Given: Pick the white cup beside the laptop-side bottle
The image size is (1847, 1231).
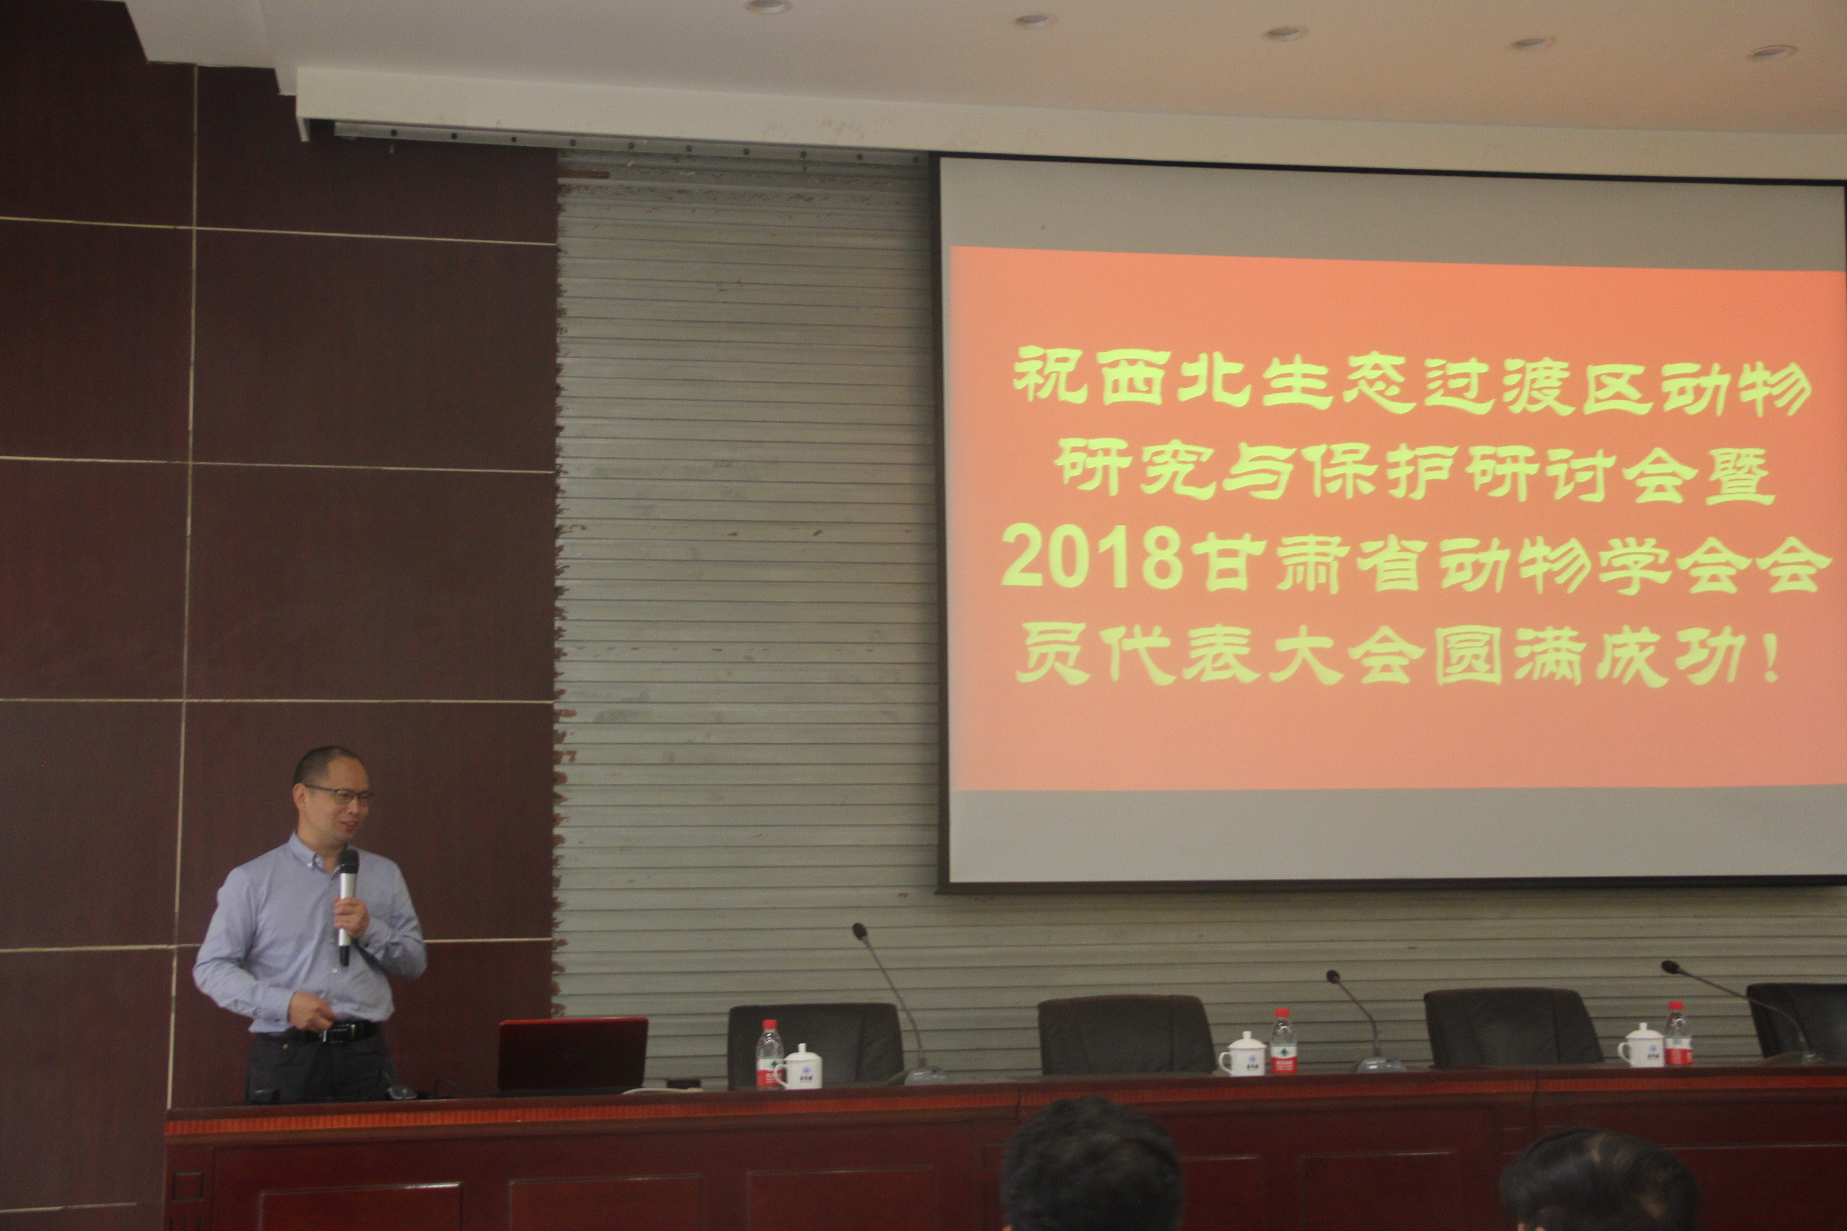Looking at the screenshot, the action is [800, 1066].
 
